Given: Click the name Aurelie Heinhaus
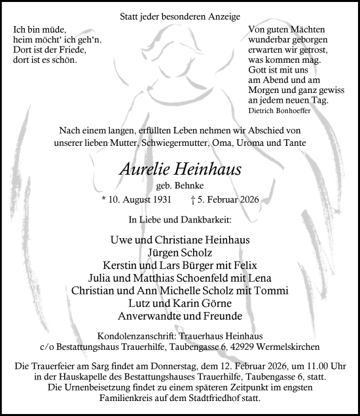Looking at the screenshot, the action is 180,169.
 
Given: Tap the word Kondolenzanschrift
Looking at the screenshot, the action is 134,336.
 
